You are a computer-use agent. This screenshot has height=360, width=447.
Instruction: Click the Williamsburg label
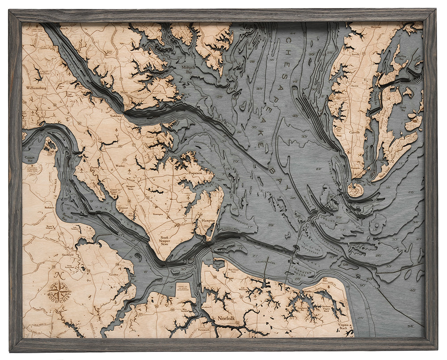point(37,89)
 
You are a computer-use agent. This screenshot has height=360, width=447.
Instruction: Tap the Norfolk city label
point(226,319)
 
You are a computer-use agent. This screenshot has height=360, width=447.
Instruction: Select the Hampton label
point(208,221)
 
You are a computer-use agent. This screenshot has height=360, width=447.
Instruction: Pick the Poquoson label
point(194,172)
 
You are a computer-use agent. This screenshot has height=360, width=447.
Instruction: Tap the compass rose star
point(59,290)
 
